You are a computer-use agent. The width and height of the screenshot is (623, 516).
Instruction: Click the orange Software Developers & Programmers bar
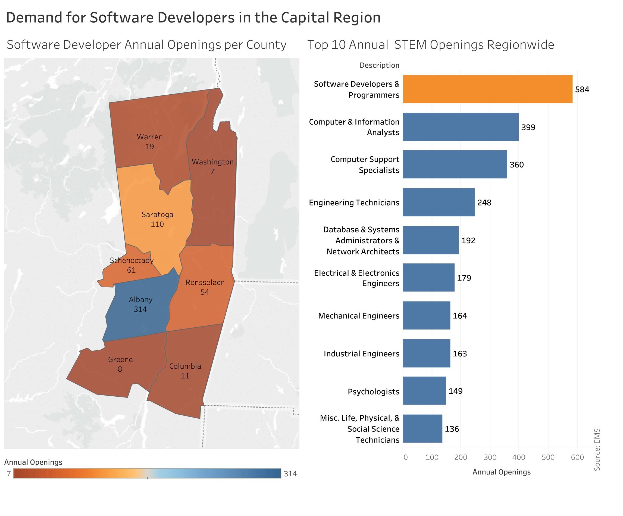tap(487, 89)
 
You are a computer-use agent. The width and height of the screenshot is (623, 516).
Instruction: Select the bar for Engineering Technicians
tap(439, 202)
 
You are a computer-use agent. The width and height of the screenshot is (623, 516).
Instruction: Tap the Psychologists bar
tap(424, 391)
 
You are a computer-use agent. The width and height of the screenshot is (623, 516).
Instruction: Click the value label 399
tap(528, 127)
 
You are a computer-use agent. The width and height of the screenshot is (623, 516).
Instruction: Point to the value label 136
tap(452, 429)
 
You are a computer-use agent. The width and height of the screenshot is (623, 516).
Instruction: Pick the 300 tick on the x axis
tap(490, 457)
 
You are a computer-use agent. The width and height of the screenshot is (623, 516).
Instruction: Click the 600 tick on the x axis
tap(577, 457)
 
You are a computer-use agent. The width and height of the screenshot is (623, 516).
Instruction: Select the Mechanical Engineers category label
tap(359, 316)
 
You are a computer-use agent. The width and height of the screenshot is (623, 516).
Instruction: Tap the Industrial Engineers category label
tap(361, 354)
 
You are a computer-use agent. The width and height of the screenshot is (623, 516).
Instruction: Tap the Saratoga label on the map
tap(157, 214)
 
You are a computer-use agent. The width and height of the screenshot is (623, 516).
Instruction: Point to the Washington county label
tap(212, 162)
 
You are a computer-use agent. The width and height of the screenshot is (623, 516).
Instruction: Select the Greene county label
tap(120, 359)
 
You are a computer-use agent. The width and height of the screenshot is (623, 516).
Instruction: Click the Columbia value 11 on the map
tap(185, 376)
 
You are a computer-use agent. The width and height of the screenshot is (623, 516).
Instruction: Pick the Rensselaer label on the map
tap(205, 282)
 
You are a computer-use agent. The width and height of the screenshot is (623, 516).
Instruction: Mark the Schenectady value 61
tap(131, 270)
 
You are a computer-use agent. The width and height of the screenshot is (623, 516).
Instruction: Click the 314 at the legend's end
tap(290, 474)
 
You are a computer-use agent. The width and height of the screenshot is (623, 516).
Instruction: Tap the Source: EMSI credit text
tap(597, 448)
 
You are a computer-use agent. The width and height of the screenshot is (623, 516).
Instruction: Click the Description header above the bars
tap(380, 65)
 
